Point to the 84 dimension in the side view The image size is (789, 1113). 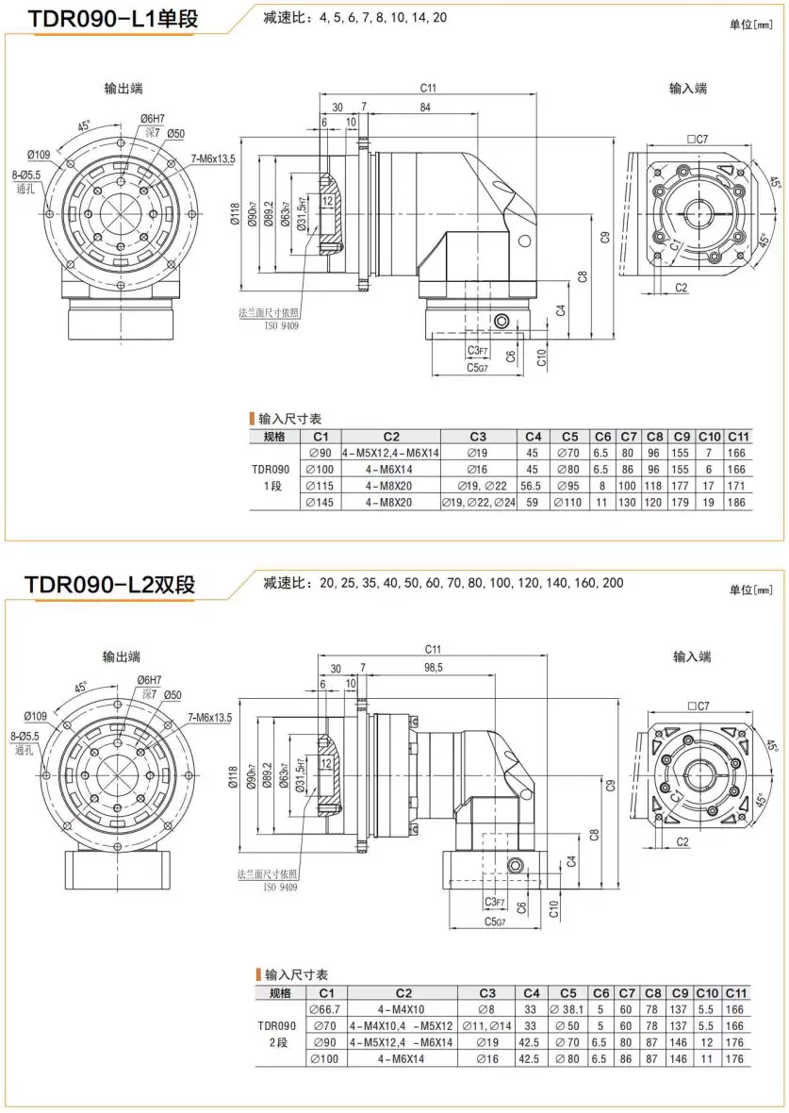[x=425, y=108]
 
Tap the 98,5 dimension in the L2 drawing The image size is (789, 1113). [x=433, y=667]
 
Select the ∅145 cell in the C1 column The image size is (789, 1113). [x=321, y=503]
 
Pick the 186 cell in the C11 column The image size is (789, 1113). [x=736, y=503]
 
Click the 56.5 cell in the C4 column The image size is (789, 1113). [x=533, y=486]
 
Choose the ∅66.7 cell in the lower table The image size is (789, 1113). [x=327, y=1009]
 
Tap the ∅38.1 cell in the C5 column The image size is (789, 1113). [x=569, y=1009]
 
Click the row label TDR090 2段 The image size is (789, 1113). [x=277, y=1034]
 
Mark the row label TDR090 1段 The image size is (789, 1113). [x=271, y=477]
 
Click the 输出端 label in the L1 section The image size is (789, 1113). [x=123, y=89]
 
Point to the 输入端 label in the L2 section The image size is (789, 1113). [x=692, y=656]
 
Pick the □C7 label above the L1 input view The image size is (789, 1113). [x=697, y=139]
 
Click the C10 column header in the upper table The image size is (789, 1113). [x=709, y=436]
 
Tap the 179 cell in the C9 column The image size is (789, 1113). [x=682, y=503]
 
